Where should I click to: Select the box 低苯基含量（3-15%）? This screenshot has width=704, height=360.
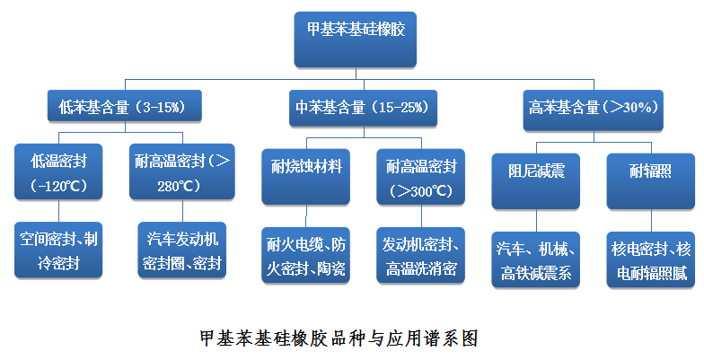tap(123, 106)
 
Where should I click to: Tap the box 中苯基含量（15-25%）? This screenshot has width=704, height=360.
tap(361, 106)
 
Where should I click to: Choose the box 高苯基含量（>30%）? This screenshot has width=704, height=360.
tap(594, 106)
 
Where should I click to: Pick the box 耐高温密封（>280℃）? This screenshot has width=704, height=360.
tap(182, 171)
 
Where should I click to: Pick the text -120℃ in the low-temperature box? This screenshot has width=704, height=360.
tap(58, 186)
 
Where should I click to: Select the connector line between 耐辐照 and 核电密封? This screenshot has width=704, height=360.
tap(650, 222)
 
